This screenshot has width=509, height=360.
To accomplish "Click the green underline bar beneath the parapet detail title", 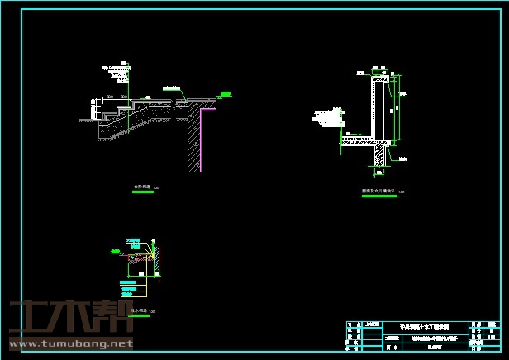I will pos(378,197).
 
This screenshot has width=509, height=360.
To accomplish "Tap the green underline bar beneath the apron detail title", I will pos(137,316).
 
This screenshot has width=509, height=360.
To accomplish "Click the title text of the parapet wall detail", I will pos(378,191).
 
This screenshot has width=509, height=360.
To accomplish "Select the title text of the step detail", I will pos(142,188).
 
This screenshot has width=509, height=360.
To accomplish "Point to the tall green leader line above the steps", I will pos(129,78).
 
